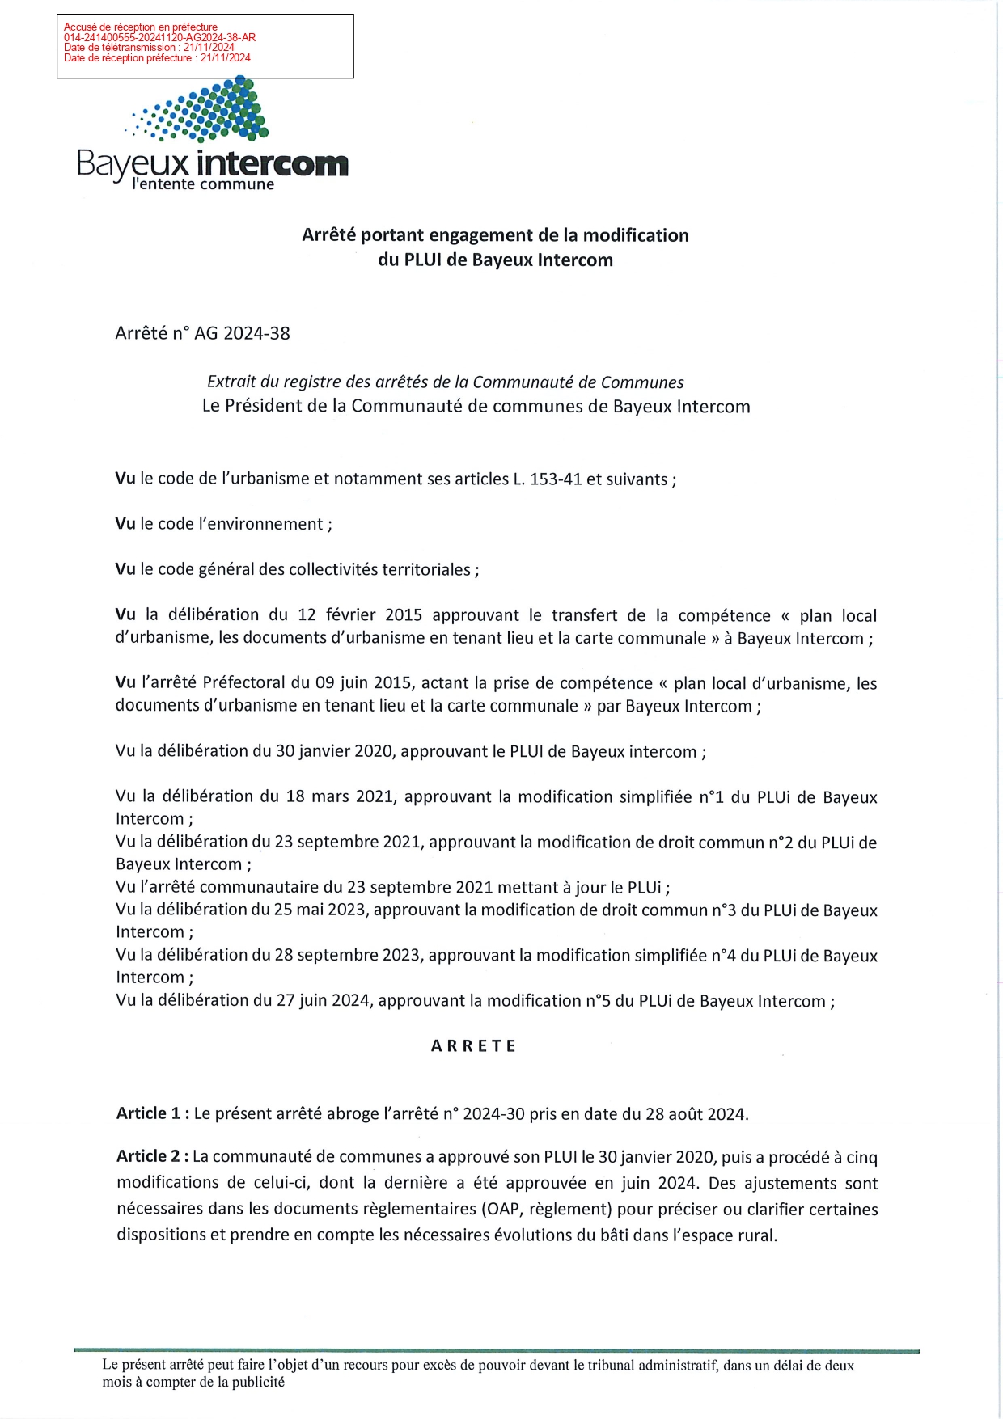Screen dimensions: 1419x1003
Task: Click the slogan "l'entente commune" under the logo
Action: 203,184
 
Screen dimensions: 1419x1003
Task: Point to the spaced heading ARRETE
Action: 473,1045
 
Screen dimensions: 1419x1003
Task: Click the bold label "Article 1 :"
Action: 153,1113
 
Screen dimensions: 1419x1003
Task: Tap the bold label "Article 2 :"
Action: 153,1157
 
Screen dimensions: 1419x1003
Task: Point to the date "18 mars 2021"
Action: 340,796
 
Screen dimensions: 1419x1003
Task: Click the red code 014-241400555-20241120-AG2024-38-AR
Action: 159,37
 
